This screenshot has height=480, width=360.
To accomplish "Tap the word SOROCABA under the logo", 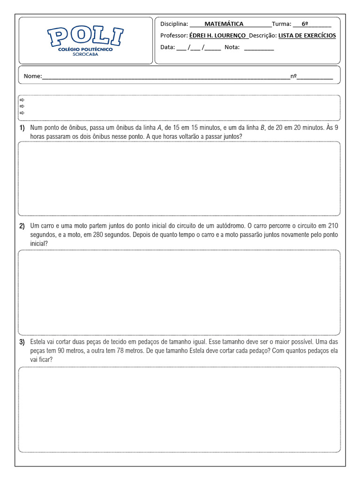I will pyautogui.click(x=85, y=54).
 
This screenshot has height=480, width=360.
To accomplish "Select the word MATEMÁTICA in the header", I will pyautogui.click(x=224, y=24).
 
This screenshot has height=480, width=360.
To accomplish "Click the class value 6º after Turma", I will pyautogui.click(x=305, y=24).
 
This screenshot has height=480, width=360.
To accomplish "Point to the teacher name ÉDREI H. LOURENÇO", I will pyautogui.click(x=217, y=36).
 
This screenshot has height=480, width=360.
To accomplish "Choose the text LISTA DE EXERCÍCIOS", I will pyautogui.click(x=307, y=36).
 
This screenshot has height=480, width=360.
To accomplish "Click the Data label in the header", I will pyautogui.click(x=167, y=47).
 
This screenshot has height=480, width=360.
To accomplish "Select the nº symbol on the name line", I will pyautogui.click(x=294, y=76).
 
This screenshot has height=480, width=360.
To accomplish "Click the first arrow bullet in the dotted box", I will pyautogui.click(x=22, y=100).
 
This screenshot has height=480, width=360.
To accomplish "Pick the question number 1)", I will pyautogui.click(x=22, y=127).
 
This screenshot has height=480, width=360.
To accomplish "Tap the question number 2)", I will pyautogui.click(x=22, y=226).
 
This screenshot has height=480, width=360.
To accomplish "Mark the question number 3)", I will pyautogui.click(x=22, y=342).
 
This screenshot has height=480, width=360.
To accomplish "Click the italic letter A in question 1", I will pyautogui.click(x=159, y=127).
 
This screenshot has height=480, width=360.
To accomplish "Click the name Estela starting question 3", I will pyautogui.click(x=38, y=342).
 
